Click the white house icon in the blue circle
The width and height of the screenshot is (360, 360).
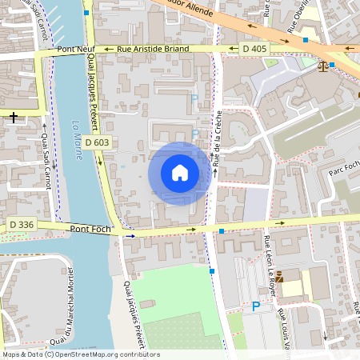click(179, 173)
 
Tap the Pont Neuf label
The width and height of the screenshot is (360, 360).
click(76, 50)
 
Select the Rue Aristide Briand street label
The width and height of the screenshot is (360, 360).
click(153, 49)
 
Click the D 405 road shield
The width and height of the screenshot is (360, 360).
click(254, 49)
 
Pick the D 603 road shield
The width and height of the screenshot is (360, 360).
click(101, 142)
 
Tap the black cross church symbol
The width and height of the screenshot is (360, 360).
click(14, 118)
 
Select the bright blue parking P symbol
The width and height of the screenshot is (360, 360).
click(256, 306)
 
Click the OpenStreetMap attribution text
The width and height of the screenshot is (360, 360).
click(80, 354)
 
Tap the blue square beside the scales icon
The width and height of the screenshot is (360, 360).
click(332, 65)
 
